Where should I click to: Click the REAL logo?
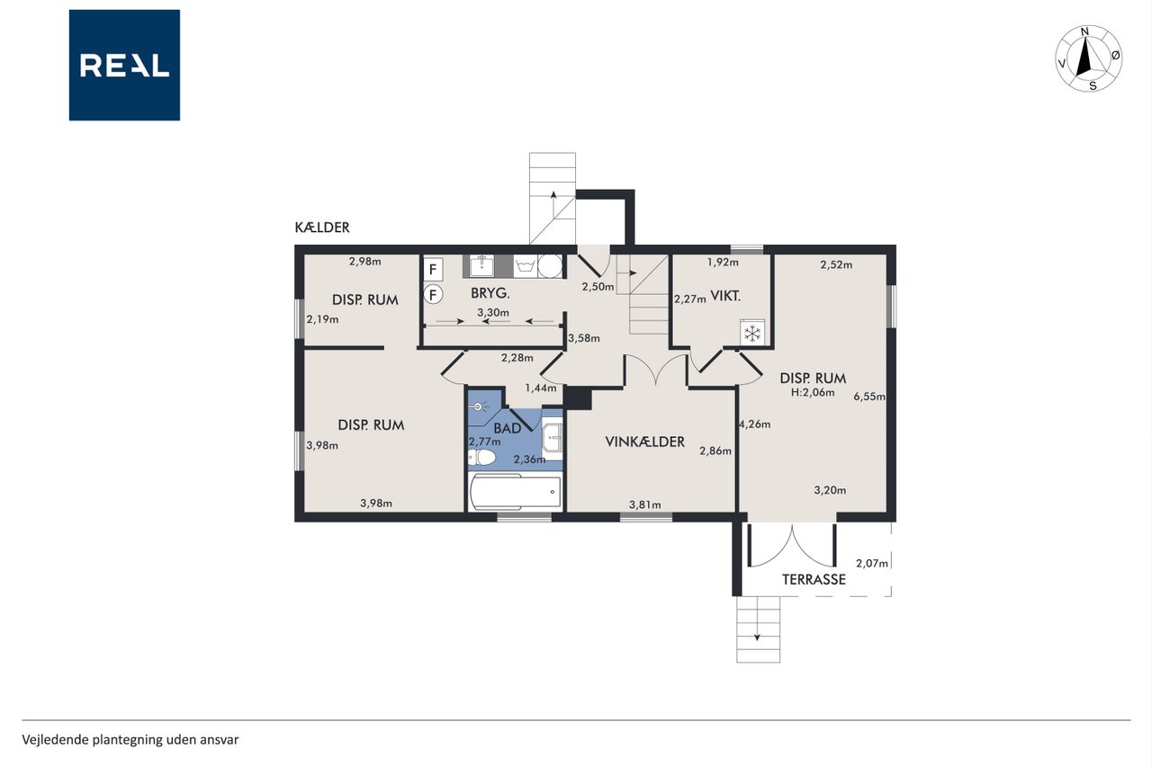tap(124, 66)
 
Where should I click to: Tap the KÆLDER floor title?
tap(322, 227)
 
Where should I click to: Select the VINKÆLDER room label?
tap(645, 441)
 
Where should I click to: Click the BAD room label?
tap(507, 428)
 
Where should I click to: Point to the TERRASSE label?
tap(814, 579)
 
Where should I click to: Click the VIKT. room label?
tap(725, 296)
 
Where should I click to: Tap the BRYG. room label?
tap(490, 293)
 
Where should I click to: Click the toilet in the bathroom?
tap(481, 457)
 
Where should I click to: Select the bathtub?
tap(516, 492)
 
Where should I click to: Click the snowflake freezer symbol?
tap(752, 333)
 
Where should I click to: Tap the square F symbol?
tap(433, 269)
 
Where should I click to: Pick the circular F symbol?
tap(433, 295)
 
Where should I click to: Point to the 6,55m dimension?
tap(869, 397)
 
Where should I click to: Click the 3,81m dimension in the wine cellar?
tap(645, 505)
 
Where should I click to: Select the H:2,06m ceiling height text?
tap(813, 392)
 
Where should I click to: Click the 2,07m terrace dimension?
tap(872, 564)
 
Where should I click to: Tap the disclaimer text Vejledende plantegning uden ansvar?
tap(130, 740)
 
